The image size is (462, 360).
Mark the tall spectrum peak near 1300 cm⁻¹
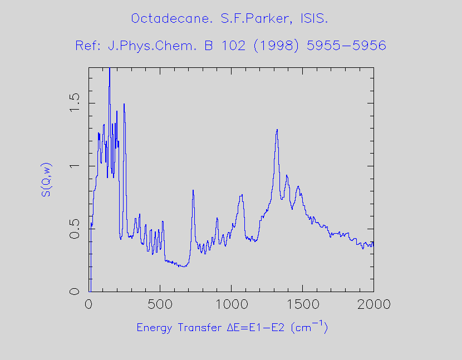[x=277, y=131]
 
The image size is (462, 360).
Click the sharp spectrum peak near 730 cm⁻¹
[x=193, y=191]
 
